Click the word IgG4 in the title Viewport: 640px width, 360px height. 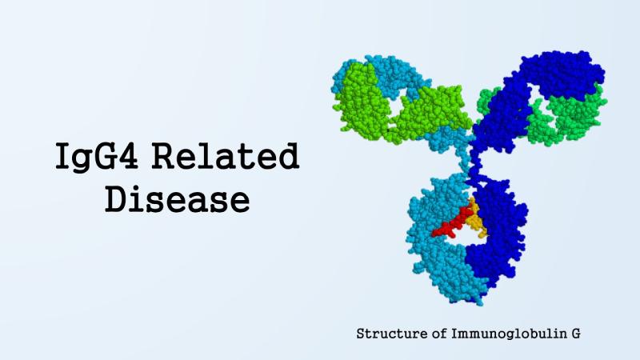[x=97, y=156]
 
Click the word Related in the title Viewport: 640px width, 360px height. [x=226, y=156]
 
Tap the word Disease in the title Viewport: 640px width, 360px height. [x=177, y=198]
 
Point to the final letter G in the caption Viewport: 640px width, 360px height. [x=575, y=334]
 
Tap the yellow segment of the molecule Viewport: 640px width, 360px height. [x=476, y=221]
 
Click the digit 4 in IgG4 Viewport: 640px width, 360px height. [x=126, y=155]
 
